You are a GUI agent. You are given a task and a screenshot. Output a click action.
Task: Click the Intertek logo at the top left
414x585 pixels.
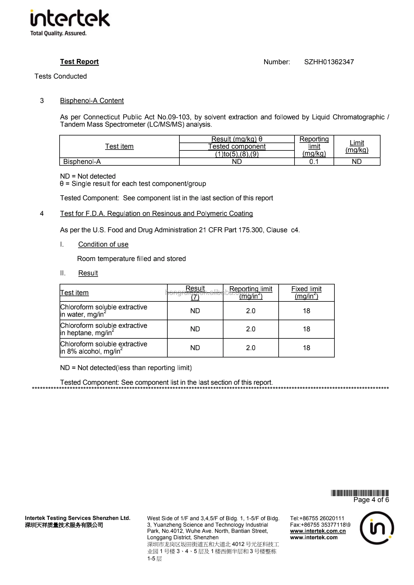(x=70, y=23)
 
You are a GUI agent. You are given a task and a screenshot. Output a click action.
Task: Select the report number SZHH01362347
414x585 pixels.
(x=329, y=62)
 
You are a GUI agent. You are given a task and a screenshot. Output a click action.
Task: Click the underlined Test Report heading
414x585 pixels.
(x=79, y=62)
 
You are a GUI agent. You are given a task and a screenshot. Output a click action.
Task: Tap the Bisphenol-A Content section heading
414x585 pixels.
(x=92, y=101)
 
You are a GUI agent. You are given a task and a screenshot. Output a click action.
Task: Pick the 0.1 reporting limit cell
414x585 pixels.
(x=314, y=162)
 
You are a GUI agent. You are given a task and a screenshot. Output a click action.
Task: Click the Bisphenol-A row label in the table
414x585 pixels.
(x=82, y=162)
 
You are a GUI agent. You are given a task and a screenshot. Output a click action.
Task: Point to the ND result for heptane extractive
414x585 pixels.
(x=195, y=329)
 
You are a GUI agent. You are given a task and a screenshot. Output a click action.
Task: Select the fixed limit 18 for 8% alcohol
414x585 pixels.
(x=306, y=348)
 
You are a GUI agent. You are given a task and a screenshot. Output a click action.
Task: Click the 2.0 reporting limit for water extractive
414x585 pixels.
(x=250, y=311)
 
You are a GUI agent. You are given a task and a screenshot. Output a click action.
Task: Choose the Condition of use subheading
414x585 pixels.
(x=103, y=244)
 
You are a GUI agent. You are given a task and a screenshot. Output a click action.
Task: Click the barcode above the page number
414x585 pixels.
(x=360, y=493)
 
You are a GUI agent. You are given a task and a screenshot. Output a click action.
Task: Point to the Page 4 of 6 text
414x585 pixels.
(x=371, y=500)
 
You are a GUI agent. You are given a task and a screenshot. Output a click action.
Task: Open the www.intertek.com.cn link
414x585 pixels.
(x=318, y=531)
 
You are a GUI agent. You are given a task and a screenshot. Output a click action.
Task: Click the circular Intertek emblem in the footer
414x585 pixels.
(x=377, y=528)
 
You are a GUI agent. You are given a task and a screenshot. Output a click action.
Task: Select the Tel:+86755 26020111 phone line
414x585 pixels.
(x=317, y=518)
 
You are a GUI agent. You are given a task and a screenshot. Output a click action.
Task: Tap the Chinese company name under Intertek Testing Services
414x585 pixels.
(x=64, y=525)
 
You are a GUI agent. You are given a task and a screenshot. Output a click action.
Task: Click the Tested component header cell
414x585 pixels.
(x=237, y=146)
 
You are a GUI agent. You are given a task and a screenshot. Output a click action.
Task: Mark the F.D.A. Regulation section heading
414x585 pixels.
(x=156, y=213)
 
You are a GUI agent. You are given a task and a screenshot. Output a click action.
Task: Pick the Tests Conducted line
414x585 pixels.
(x=60, y=76)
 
